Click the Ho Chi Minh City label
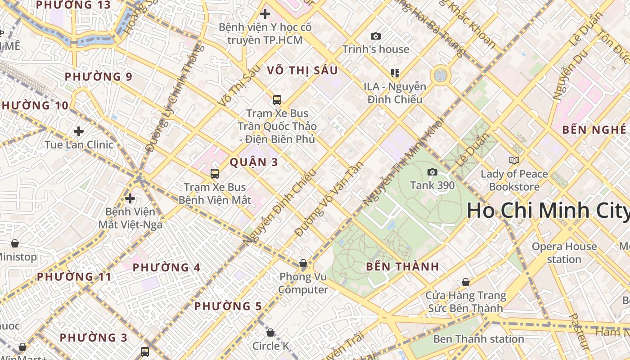tap(548, 211)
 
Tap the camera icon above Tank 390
tap(432, 172)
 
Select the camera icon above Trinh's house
tap(375, 36)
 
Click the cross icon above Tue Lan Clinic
tap(79, 131)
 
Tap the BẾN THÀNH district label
tap(402, 266)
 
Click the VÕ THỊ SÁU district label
tap(302, 71)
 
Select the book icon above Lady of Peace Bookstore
tap(514, 160)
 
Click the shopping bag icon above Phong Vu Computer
tap(303, 263)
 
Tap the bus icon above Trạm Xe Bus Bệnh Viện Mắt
tap(215, 173)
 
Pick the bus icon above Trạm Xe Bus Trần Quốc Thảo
tap(277, 100)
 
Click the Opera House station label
tap(564, 253)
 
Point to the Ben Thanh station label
tap(478, 339)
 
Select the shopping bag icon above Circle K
tap(270, 333)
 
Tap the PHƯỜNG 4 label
tap(166, 268)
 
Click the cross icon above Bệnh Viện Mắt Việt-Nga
tap(130, 198)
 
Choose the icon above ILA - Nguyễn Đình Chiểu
tap(395, 73)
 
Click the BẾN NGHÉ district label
tap(594, 130)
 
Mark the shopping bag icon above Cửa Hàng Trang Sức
tap(466, 283)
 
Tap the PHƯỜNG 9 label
tap(99, 77)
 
